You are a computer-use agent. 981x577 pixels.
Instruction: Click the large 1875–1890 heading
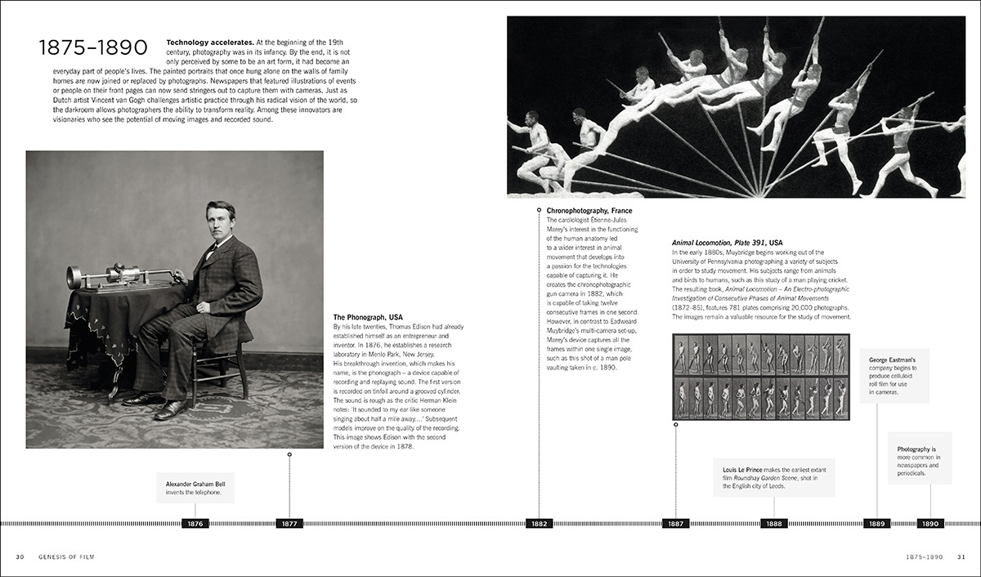click(92, 49)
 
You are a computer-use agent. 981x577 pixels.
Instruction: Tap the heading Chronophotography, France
click(589, 211)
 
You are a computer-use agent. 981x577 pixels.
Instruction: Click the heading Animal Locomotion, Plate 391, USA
click(728, 243)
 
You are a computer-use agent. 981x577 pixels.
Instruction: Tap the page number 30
click(20, 557)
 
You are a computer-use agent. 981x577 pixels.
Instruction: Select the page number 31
click(961, 557)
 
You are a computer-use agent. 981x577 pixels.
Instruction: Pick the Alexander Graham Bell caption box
click(195, 488)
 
